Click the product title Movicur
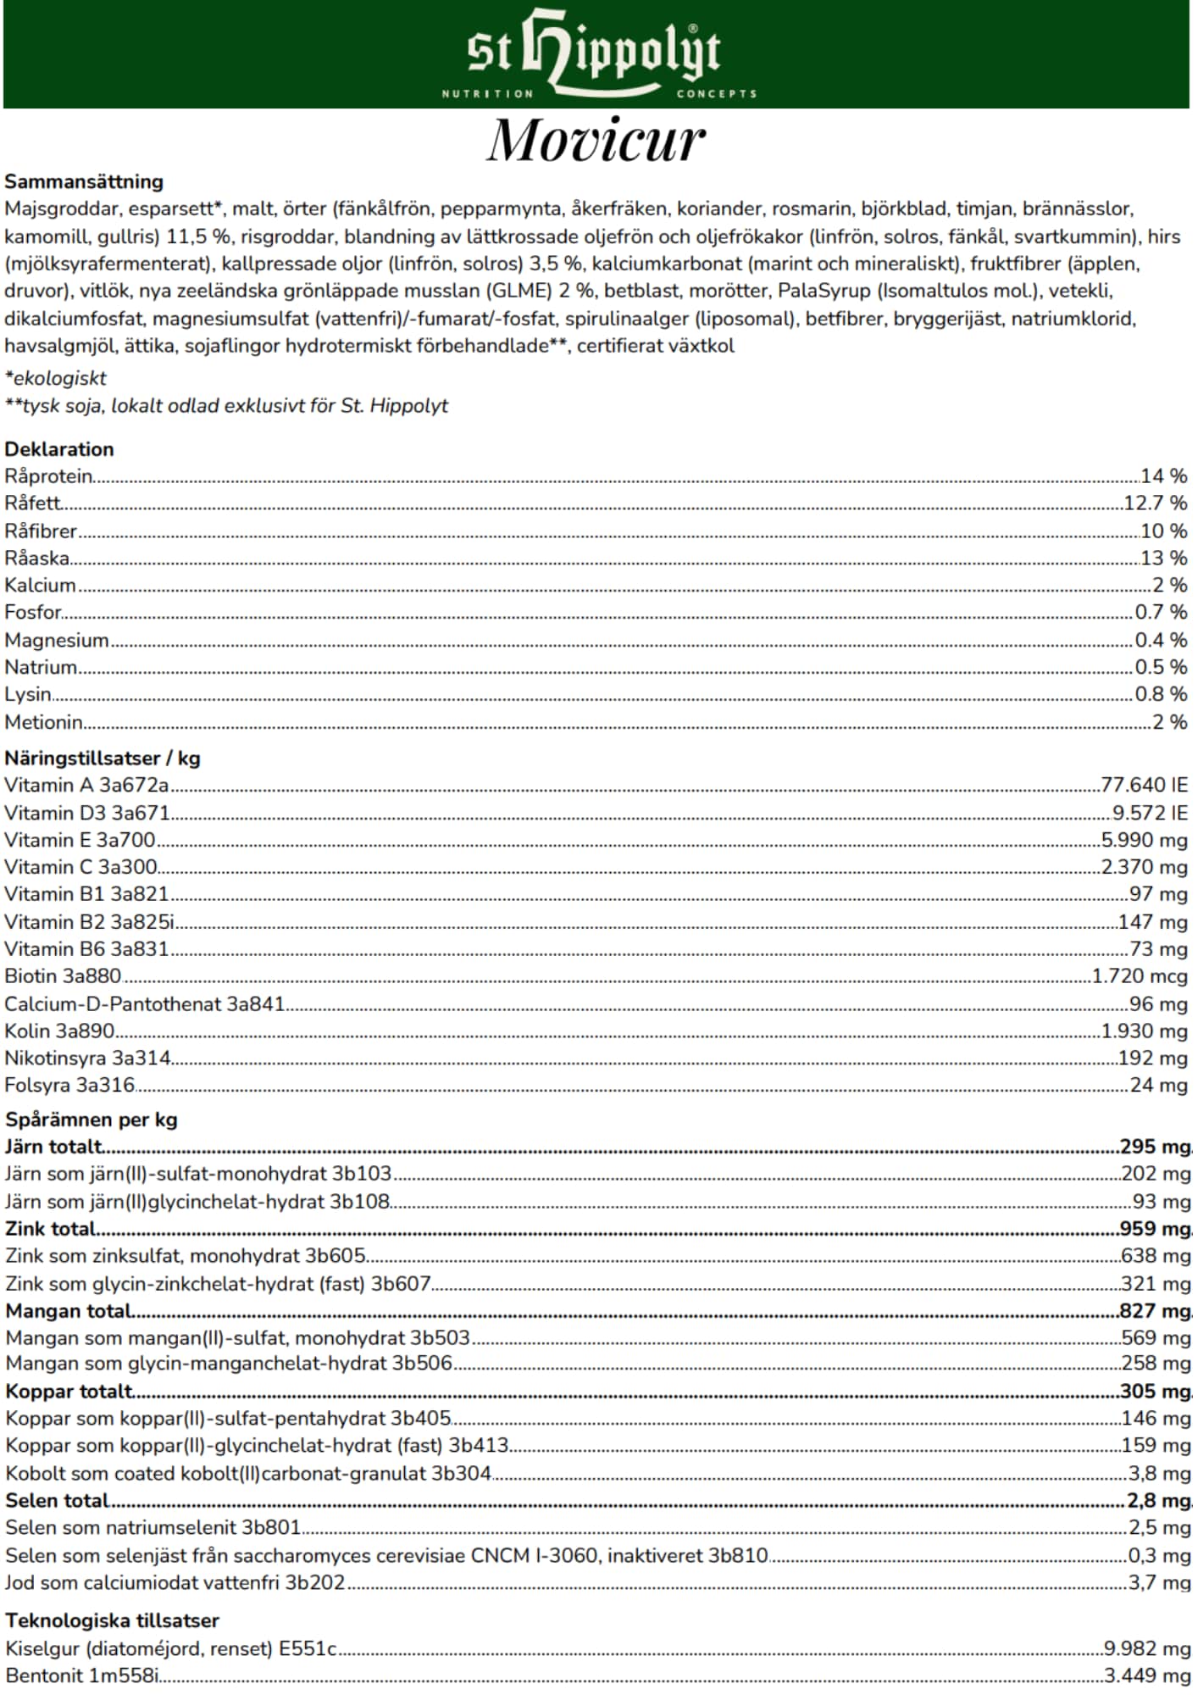click(x=596, y=140)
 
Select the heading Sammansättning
click(x=84, y=181)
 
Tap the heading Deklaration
click(x=59, y=449)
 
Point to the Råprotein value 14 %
click(x=1164, y=476)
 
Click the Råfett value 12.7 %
click(x=1156, y=503)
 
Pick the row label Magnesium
click(x=57, y=640)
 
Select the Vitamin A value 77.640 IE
click(x=1144, y=785)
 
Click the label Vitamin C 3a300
click(x=80, y=867)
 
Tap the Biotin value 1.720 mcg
click(x=1140, y=976)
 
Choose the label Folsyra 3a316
click(x=69, y=1085)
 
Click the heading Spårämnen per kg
click(x=92, y=1120)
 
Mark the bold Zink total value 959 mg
click(x=1155, y=1229)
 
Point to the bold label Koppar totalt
click(x=69, y=1392)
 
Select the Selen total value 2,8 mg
click(x=1158, y=1501)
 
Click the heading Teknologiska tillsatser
click(x=113, y=1620)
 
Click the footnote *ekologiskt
click(x=56, y=378)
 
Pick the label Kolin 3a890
click(x=59, y=1031)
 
